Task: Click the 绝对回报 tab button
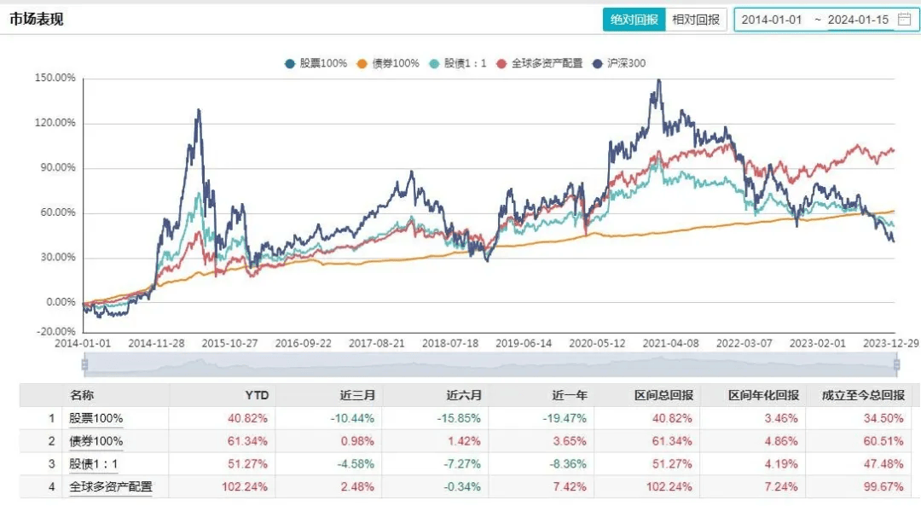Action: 634,20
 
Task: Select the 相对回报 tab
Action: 695,20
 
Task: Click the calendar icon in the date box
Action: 904,20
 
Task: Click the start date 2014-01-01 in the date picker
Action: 772,20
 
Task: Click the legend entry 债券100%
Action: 388,63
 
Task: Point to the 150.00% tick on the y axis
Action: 55,79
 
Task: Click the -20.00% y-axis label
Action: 55,331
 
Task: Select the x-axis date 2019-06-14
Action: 523,343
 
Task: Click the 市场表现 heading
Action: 37,20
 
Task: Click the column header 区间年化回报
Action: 763,396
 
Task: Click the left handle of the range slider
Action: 84,365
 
